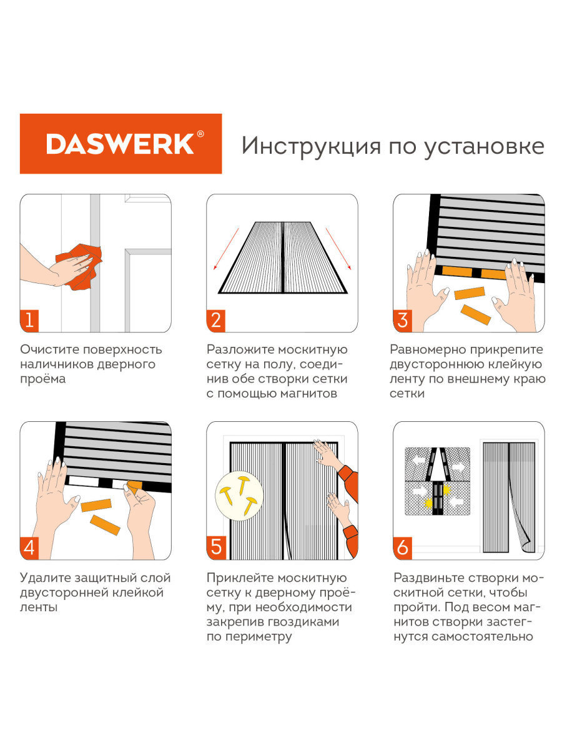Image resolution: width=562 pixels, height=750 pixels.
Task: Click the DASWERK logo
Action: pyautogui.click(x=121, y=144)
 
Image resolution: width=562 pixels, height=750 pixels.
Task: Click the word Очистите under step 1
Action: pyautogui.click(x=46, y=349)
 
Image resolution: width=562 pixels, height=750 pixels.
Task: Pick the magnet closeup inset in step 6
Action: pyautogui.click(x=438, y=481)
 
